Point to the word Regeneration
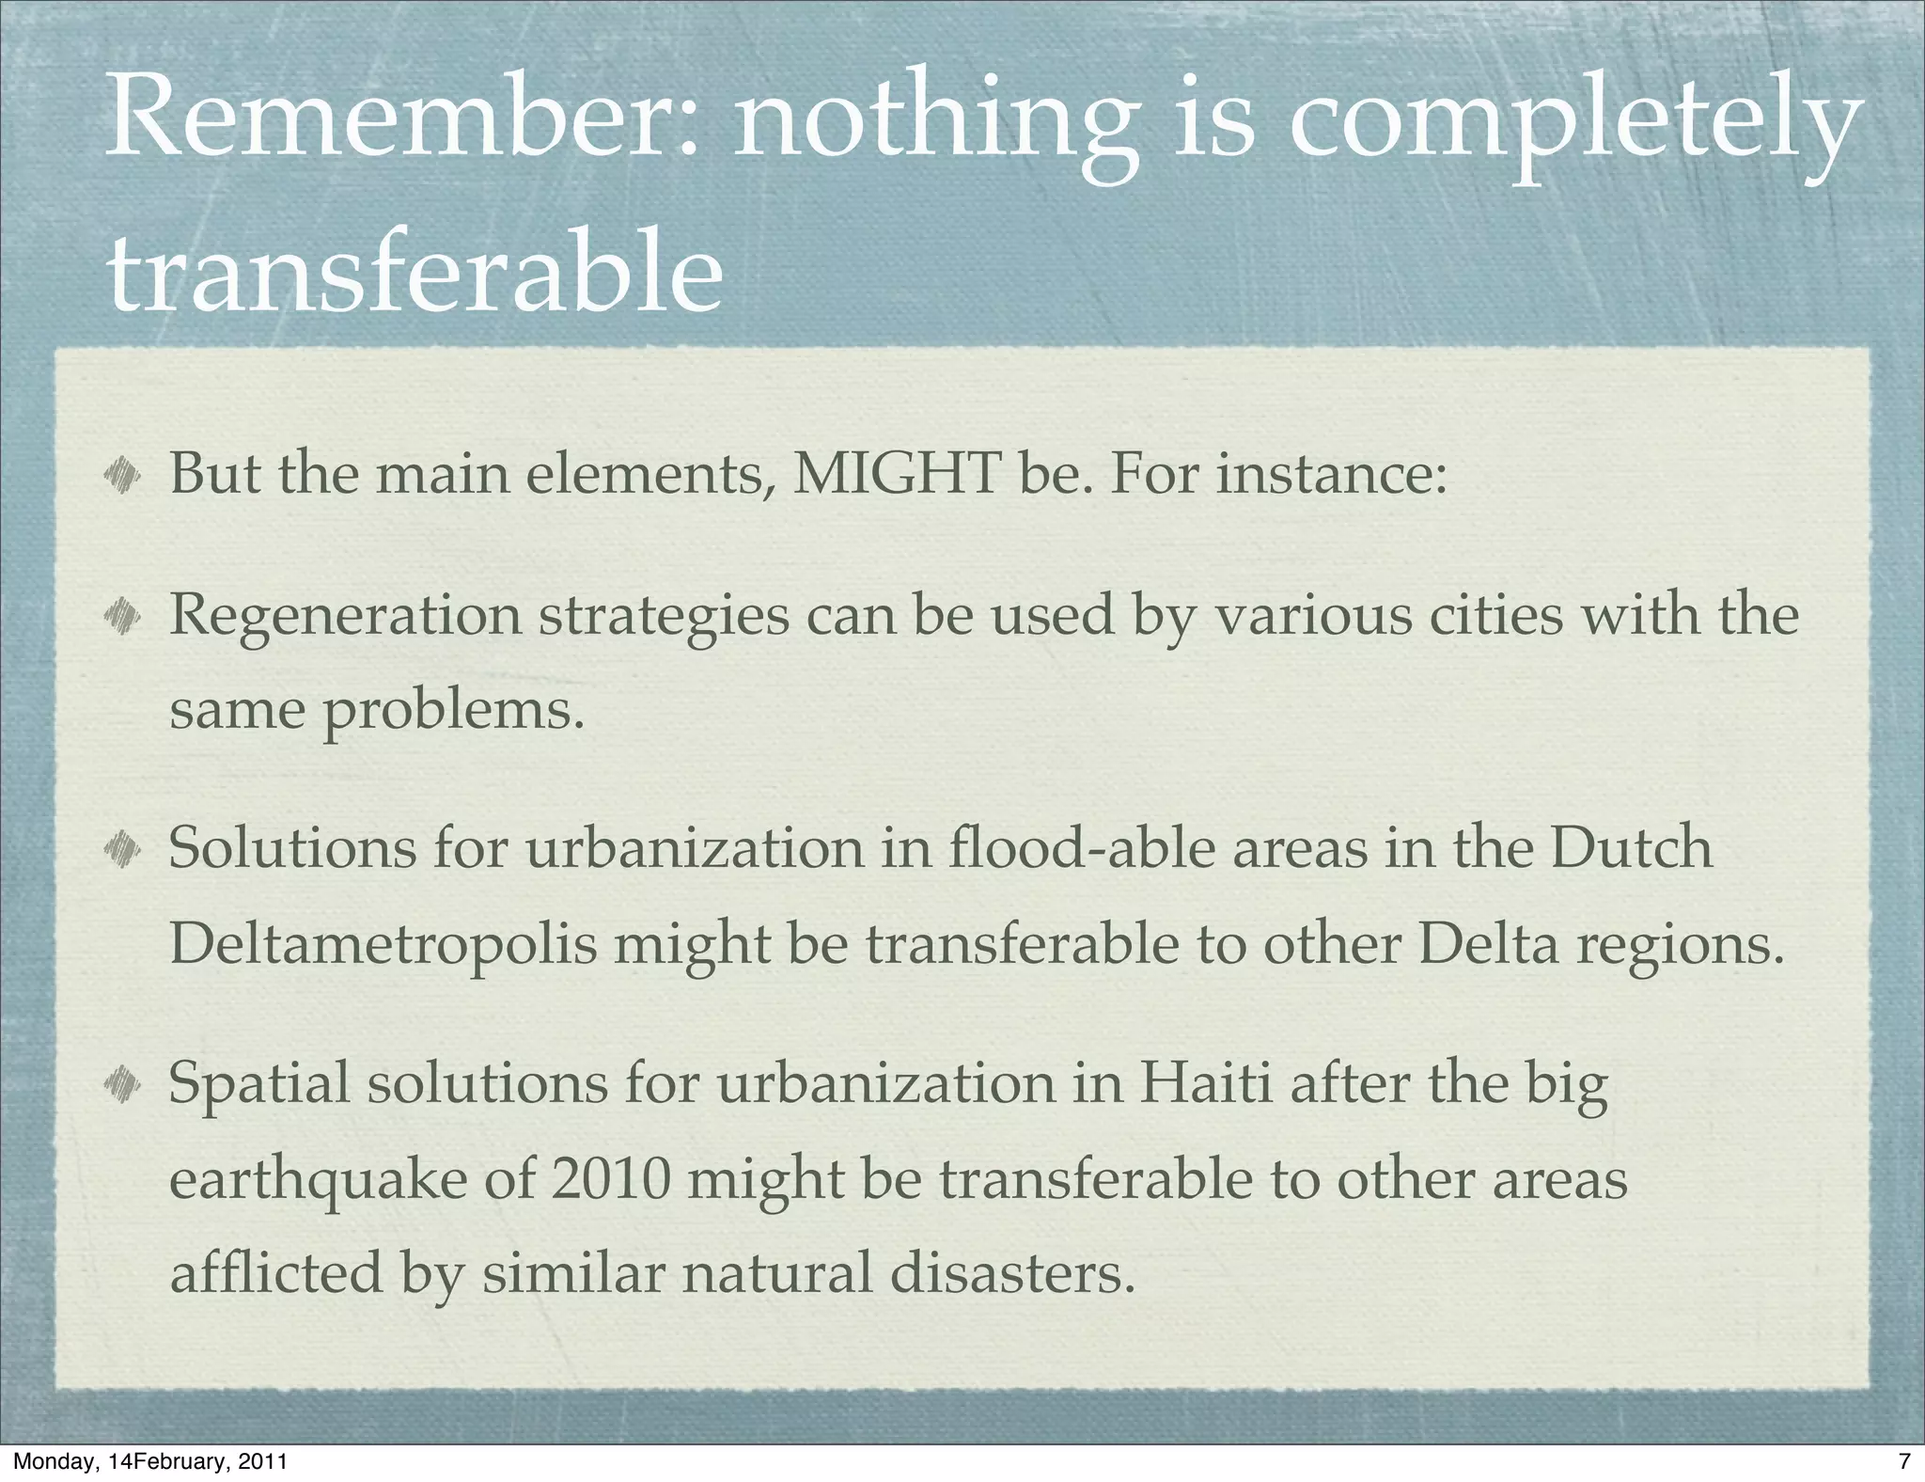(344, 616)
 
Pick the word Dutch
(1631, 847)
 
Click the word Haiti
(1206, 1083)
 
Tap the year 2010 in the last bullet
(611, 1180)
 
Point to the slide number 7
(1904, 1461)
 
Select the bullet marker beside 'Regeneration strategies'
(122, 617)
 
